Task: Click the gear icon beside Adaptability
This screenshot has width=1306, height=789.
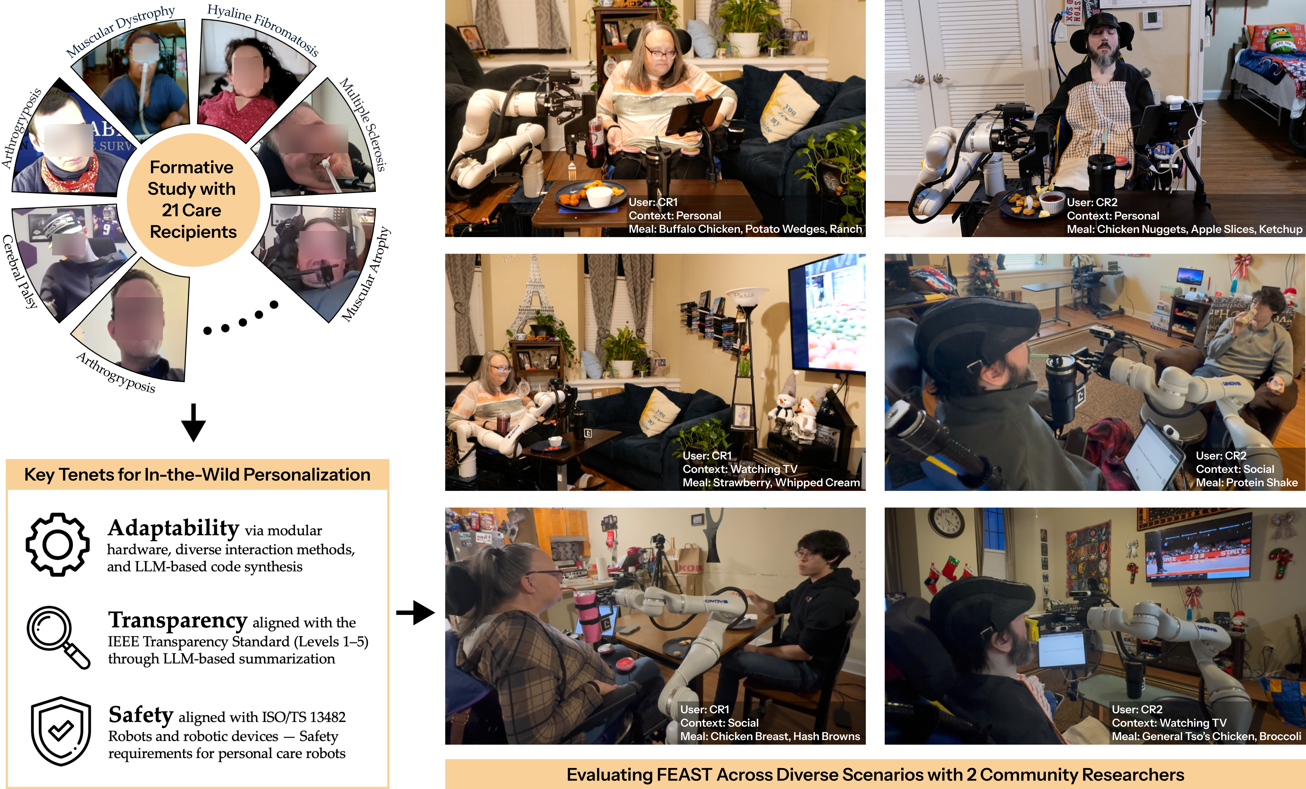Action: coord(57,545)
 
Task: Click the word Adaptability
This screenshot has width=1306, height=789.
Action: coord(173,528)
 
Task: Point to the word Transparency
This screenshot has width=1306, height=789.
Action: coord(178,620)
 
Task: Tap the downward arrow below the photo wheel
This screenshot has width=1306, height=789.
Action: coord(194,423)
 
